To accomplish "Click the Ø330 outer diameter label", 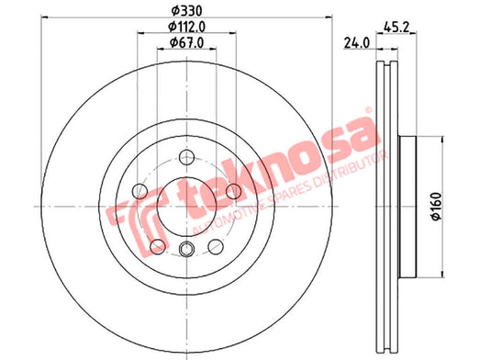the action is [186, 11].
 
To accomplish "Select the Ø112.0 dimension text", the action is [186, 27].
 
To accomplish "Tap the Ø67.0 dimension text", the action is [186, 42].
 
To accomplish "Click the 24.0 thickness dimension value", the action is [357, 43].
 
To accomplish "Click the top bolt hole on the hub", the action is [186, 157].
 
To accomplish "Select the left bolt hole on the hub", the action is [139, 191].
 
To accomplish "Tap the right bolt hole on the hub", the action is [233, 191].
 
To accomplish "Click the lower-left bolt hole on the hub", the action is [158, 246].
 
